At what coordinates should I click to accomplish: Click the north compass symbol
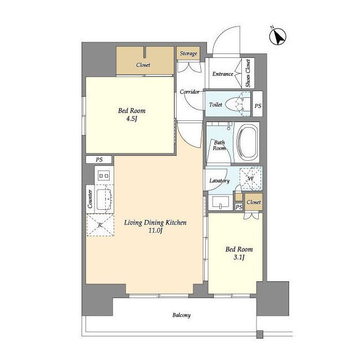(x=277, y=37)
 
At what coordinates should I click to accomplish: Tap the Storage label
(x=188, y=53)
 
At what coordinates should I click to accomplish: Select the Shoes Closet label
(x=248, y=73)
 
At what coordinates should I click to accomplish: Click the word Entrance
(x=223, y=74)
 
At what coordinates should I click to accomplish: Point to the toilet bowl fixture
(x=234, y=104)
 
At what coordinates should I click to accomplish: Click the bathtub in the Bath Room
(x=247, y=142)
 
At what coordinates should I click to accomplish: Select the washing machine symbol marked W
(x=250, y=179)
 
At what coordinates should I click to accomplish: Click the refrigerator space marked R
(x=100, y=225)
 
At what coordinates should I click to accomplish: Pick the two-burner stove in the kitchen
(x=103, y=176)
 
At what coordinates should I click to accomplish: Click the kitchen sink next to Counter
(x=104, y=199)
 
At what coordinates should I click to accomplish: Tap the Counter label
(x=90, y=199)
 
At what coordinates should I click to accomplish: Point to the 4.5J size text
(x=132, y=119)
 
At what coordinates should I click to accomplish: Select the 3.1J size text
(x=238, y=258)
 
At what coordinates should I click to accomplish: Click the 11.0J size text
(x=155, y=230)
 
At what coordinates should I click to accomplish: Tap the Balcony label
(x=181, y=315)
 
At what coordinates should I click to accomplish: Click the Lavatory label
(x=219, y=181)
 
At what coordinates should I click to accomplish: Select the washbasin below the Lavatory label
(x=220, y=202)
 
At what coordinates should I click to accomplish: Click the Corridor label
(x=190, y=92)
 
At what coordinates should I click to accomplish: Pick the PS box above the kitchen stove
(x=99, y=160)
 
